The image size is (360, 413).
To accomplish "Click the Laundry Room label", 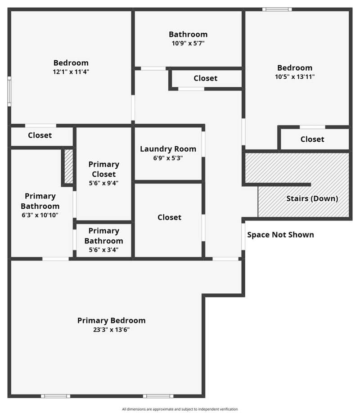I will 168,149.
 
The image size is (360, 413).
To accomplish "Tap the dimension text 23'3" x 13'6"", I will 111,330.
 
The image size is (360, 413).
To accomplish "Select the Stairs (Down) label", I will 312,198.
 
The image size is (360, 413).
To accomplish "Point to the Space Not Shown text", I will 280,235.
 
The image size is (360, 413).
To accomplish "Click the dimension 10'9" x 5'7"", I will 188,43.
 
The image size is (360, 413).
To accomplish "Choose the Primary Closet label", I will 103,169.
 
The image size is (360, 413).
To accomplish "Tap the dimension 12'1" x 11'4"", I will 71,72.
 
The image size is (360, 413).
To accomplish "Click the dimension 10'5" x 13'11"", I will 294,77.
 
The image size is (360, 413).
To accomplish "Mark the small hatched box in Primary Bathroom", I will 68,166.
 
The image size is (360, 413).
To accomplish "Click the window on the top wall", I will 277,9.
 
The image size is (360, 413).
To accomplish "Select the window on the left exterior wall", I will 9,91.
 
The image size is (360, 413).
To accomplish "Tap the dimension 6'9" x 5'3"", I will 168,158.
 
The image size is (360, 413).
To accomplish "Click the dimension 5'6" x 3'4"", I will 103,250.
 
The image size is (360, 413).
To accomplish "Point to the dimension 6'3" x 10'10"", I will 40,215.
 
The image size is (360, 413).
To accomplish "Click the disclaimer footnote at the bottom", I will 180,409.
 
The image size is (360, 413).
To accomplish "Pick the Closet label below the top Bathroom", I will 205,78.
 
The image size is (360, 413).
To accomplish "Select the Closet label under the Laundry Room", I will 169,217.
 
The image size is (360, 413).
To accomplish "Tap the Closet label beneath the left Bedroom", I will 40,135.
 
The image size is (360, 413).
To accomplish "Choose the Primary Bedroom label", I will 111,320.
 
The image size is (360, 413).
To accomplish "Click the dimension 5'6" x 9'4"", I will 103,183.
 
